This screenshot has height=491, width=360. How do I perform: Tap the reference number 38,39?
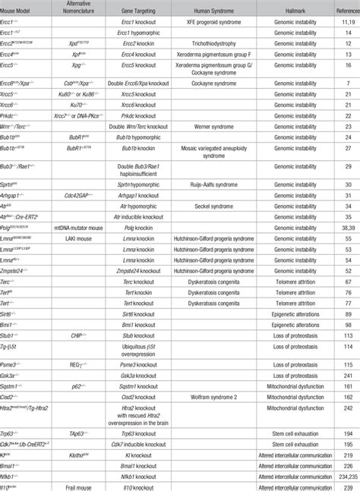point(346,227)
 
